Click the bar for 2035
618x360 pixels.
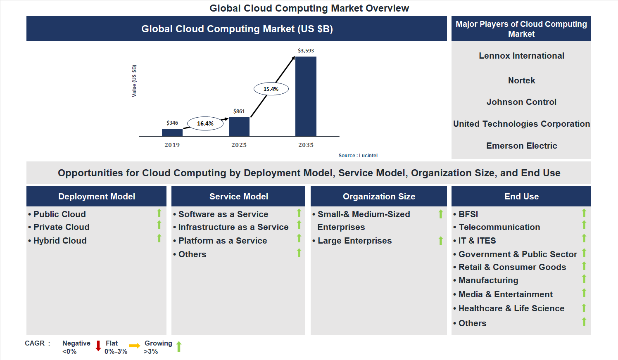tap(306, 97)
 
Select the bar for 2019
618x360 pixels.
tap(172, 133)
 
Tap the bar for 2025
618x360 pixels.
tap(239, 127)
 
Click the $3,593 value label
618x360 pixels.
tap(306, 51)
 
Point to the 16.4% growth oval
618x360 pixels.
tap(205, 123)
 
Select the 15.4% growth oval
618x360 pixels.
tap(271, 89)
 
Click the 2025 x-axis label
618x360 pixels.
tap(239, 145)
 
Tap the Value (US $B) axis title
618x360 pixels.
tap(134, 81)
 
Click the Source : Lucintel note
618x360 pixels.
tap(358, 156)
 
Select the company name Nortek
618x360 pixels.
tap(521, 81)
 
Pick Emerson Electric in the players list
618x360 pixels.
tap(521, 146)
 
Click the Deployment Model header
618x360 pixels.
tap(97, 197)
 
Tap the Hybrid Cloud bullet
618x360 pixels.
tap(60, 241)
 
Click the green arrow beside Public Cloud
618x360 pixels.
tap(159, 213)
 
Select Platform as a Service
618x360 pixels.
tap(223, 241)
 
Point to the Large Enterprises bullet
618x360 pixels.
tap(354, 241)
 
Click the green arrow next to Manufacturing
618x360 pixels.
tap(584, 279)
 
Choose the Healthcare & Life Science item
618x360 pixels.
tap(511, 308)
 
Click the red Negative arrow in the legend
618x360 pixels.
tap(98, 346)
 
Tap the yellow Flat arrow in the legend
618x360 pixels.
tap(135, 346)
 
